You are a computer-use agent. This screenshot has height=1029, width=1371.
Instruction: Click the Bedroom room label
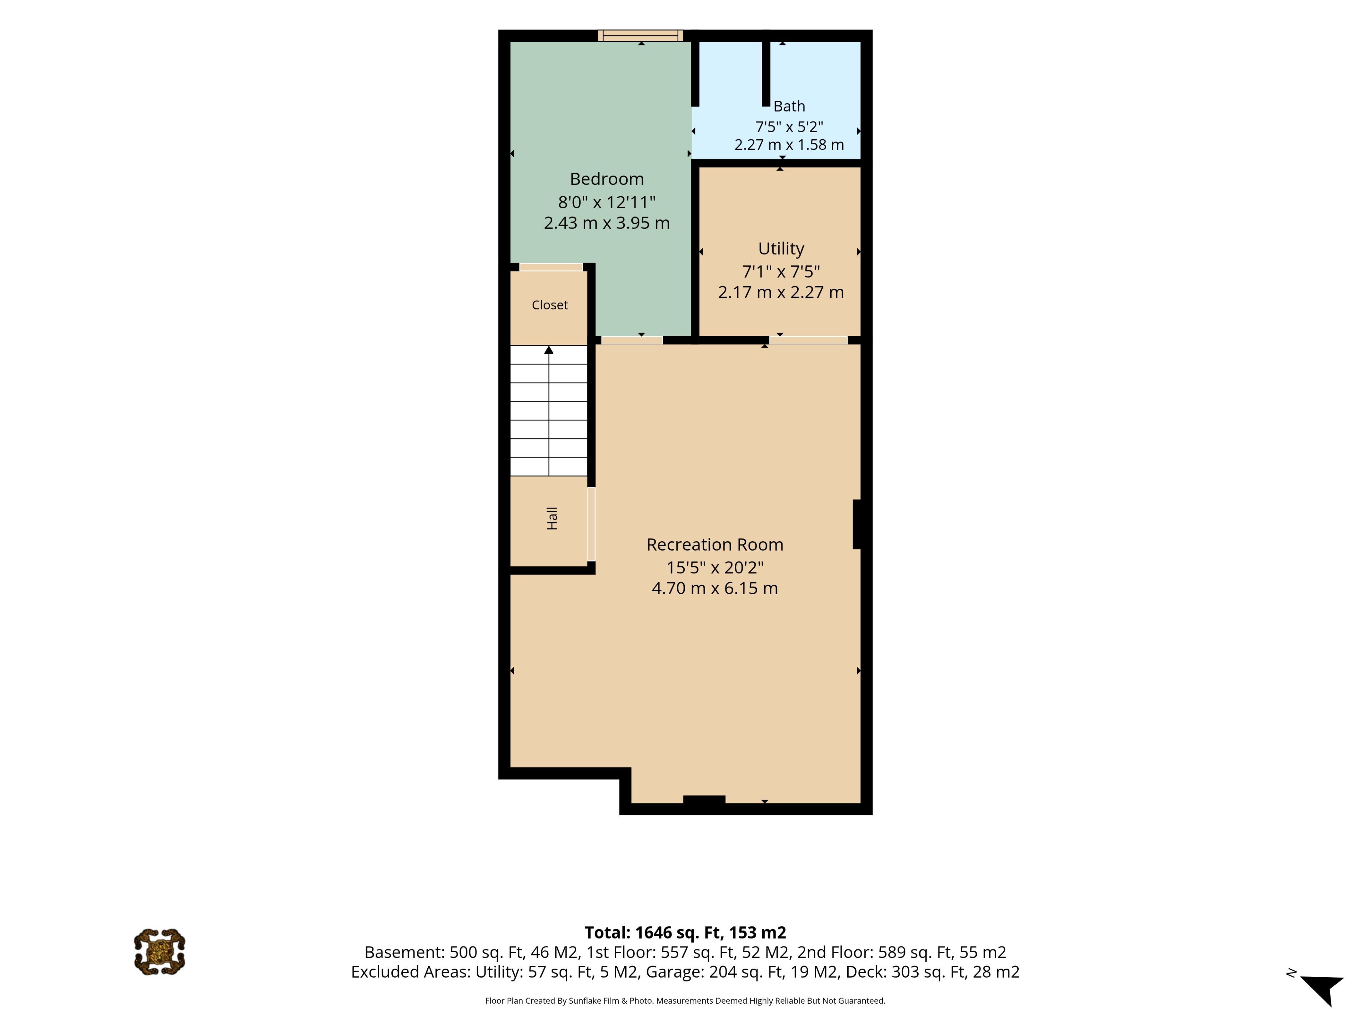[607, 179]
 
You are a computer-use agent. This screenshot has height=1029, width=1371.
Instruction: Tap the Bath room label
[789, 107]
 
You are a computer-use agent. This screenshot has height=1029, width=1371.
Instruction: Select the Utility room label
[781, 249]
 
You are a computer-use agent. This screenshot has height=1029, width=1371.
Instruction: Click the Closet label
[550, 305]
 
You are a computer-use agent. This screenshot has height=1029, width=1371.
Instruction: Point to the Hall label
[552, 518]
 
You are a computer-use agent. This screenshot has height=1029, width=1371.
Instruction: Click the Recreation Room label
[715, 545]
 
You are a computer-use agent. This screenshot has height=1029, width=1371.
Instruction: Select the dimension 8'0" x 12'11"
[607, 202]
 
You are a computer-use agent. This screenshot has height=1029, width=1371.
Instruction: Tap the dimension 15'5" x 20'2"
[715, 567]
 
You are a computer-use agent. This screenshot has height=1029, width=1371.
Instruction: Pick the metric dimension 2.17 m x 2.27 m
[781, 292]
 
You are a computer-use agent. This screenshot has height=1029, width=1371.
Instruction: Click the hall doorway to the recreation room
[591, 524]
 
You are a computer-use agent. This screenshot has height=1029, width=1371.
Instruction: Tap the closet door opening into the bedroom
[551, 267]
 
